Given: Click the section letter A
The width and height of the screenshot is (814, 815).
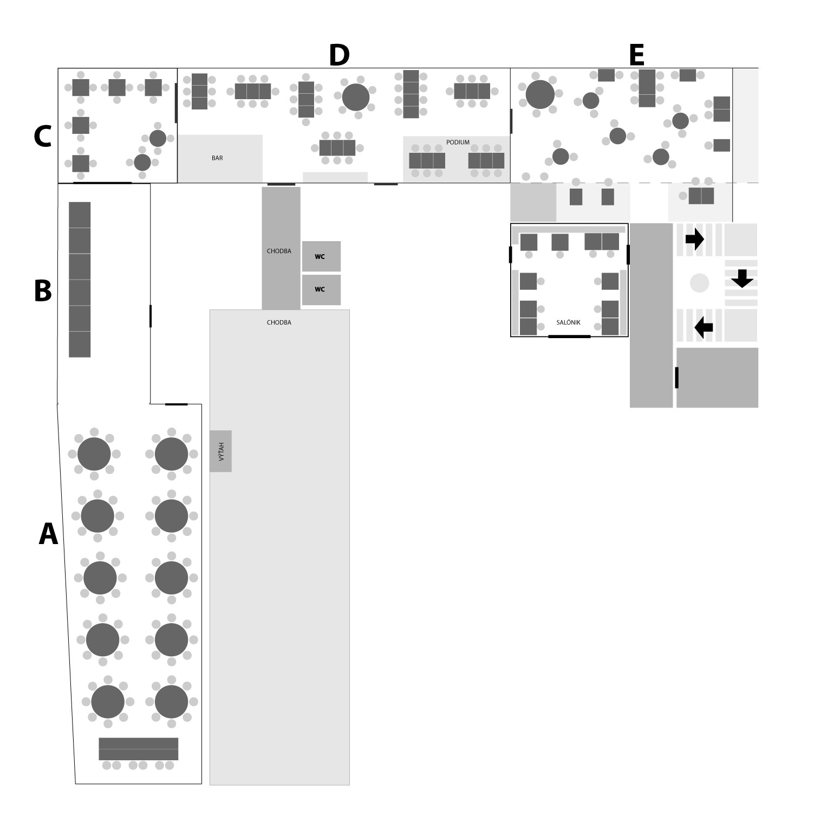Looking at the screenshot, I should (48, 534).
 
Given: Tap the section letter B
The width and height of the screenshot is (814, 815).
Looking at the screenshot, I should (43, 290).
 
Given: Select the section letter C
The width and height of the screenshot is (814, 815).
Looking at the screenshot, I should (42, 137).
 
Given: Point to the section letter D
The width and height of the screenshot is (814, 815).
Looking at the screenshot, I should (339, 55).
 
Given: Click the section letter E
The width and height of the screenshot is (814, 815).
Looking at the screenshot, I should (636, 55).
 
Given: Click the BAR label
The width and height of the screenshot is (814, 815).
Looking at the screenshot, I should (217, 158).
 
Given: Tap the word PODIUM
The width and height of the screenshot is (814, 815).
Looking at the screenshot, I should (458, 143).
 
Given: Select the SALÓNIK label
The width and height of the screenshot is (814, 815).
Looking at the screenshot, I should (568, 322).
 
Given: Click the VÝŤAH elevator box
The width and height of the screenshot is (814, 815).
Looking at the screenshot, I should (220, 451).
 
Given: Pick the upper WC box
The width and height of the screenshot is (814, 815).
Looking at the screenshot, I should (321, 256).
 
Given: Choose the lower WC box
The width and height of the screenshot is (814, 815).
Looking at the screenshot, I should (321, 289).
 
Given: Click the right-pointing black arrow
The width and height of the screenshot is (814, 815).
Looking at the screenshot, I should (695, 239).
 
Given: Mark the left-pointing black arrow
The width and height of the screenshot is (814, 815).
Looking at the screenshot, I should (704, 327).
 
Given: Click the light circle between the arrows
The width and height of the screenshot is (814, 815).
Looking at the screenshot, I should (699, 283).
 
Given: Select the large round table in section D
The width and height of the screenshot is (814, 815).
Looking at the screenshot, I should (356, 97).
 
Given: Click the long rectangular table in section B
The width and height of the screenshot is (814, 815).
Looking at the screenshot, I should (80, 280).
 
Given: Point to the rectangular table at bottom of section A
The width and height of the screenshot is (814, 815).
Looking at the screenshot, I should (139, 749).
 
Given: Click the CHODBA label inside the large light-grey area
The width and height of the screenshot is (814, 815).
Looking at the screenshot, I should (279, 322).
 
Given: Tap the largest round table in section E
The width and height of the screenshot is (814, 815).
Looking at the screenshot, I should (540, 94).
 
